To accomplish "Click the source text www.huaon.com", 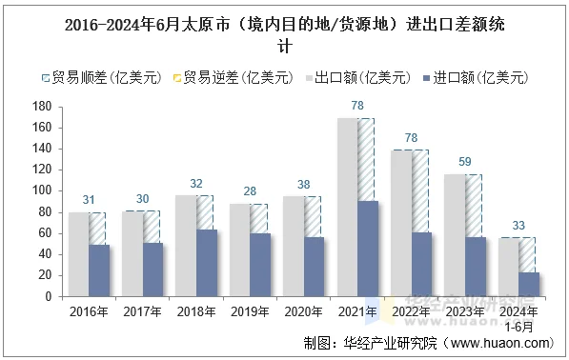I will (x=499, y=343).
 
